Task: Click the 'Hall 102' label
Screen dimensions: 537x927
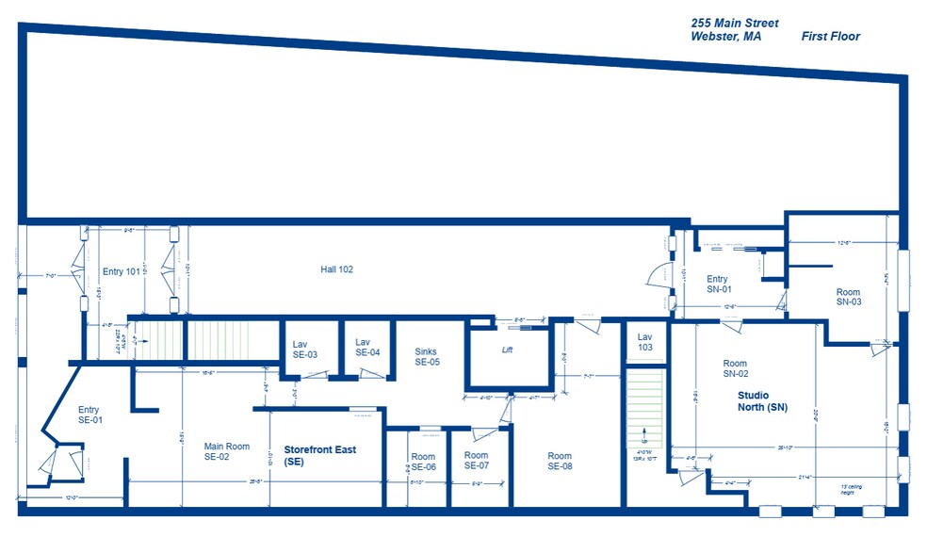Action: [336, 269]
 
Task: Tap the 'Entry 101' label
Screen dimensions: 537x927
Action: [121, 272]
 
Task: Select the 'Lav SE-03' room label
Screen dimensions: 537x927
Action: [304, 349]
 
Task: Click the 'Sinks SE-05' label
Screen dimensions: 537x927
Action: [427, 356]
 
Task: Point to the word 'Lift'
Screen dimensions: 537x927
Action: [507, 350]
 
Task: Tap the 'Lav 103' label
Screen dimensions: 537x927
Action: [644, 341]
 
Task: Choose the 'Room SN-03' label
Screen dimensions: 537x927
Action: [848, 297]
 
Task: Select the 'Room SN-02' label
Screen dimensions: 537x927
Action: [735, 368]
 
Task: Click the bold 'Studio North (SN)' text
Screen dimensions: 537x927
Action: [762, 401]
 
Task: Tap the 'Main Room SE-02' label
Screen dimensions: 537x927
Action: [227, 451]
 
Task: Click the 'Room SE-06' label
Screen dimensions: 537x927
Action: [424, 462]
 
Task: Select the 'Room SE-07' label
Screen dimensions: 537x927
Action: [477, 460]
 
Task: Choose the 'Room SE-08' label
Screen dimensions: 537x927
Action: [560, 461]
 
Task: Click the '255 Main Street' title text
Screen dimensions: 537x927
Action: [735, 23]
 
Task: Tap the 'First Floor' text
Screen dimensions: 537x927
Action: [830, 37]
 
